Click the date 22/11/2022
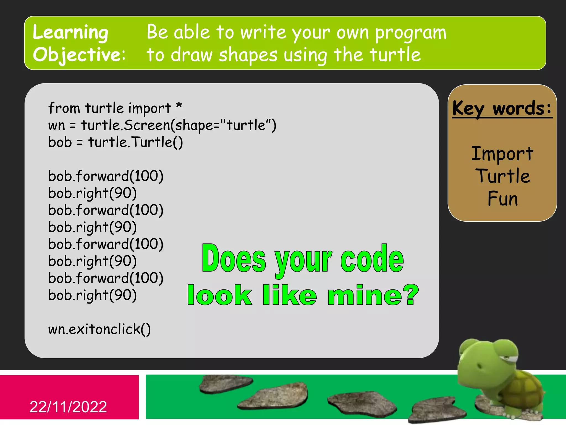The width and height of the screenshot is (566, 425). point(68,407)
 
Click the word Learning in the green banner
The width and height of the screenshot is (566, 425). point(70,33)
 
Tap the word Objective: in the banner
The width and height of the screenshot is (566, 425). point(79,55)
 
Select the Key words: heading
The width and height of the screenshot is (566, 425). point(502,108)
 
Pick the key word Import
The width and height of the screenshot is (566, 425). point(502,154)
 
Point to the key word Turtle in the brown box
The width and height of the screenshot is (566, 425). point(503,176)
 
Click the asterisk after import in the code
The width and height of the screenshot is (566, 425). point(179,106)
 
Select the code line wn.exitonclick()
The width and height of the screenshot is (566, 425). point(99,329)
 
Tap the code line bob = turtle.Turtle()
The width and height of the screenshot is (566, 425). point(116,142)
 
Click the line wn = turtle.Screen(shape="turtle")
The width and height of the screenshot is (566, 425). point(162,125)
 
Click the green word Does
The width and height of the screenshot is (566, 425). point(234,258)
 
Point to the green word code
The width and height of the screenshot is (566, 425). point(372,258)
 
